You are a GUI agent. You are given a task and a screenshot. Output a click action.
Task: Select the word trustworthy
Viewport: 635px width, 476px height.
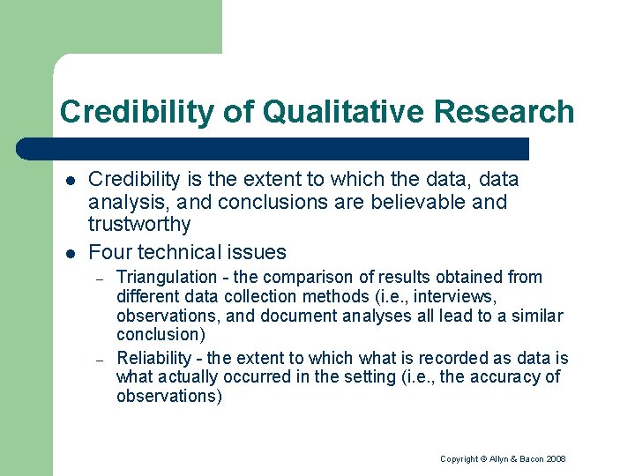point(139,225)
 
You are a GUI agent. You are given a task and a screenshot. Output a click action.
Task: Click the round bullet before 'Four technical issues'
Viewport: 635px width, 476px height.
point(70,253)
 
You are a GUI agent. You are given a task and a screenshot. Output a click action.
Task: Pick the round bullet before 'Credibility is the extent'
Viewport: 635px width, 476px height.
point(70,181)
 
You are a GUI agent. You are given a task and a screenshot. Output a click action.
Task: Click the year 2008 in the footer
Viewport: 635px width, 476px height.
point(555,459)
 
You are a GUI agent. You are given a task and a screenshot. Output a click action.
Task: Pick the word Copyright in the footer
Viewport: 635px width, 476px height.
point(459,459)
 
